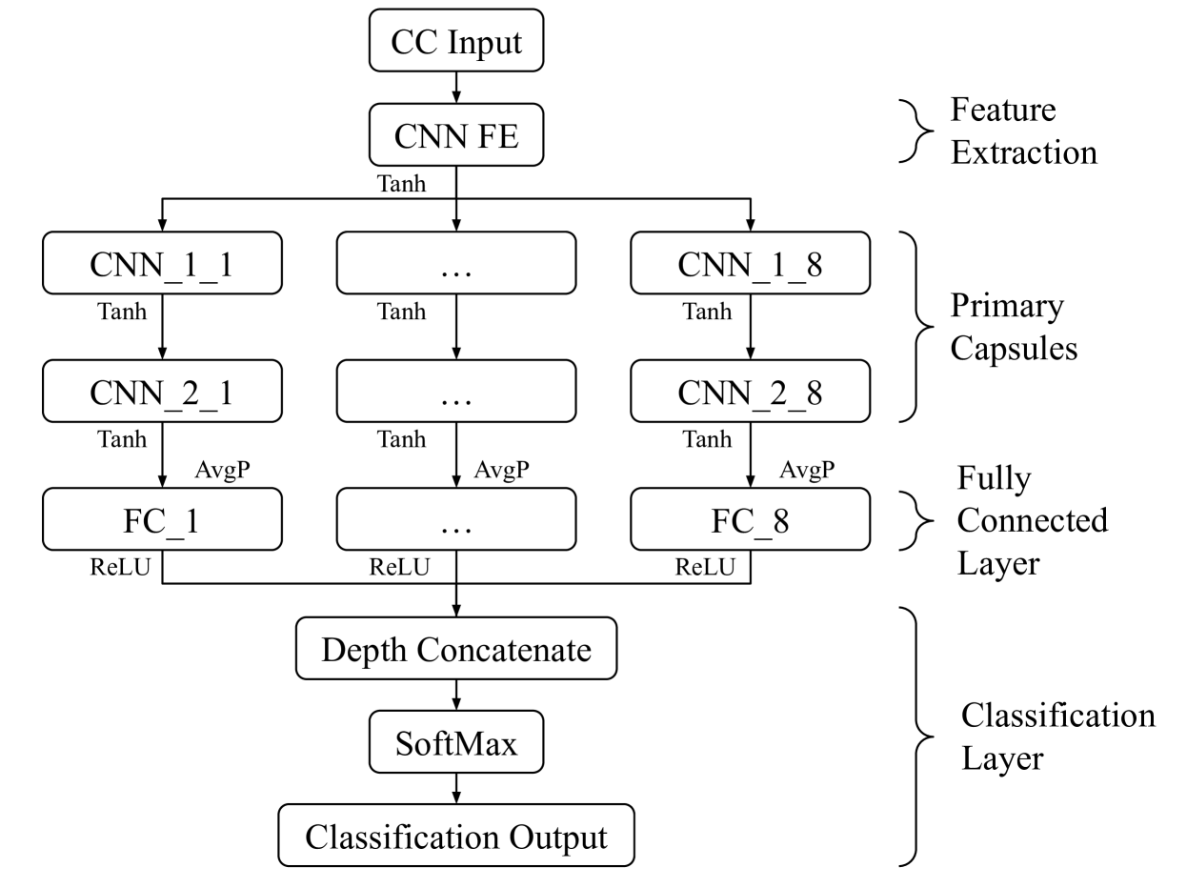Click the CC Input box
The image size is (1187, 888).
click(x=456, y=41)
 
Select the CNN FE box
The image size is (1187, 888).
click(x=456, y=135)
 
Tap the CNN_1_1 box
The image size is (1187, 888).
click(x=162, y=263)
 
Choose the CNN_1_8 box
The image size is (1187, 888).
click(x=750, y=263)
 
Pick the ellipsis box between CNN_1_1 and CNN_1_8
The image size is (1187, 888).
click(x=456, y=263)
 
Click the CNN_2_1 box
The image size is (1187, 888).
click(x=162, y=391)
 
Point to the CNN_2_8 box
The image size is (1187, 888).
click(x=750, y=391)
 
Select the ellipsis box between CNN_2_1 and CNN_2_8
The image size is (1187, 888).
click(x=456, y=391)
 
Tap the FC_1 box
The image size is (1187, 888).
click(x=162, y=519)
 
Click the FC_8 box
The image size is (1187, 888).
click(x=750, y=519)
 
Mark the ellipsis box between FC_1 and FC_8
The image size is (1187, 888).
click(x=456, y=519)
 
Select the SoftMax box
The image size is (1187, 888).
click(x=456, y=742)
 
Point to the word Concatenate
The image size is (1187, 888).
click(x=504, y=650)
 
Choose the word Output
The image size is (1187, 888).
click(x=558, y=837)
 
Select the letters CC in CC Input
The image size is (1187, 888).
click(x=412, y=42)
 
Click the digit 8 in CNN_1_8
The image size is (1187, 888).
click(x=814, y=264)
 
